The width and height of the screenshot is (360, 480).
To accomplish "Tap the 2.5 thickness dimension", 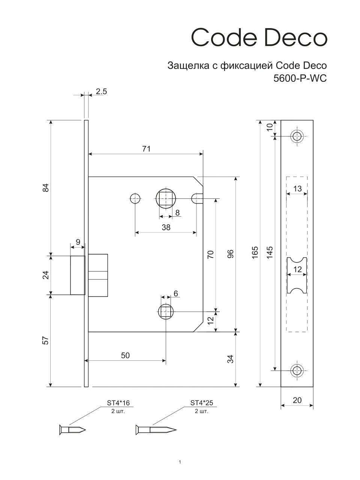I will pyautogui.click(x=101, y=91).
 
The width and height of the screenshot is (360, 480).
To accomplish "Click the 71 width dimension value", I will pyautogui.click(x=146, y=149).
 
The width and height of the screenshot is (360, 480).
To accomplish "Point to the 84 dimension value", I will pyautogui.click(x=46, y=187).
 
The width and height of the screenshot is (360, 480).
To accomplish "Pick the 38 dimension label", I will pyautogui.click(x=165, y=227).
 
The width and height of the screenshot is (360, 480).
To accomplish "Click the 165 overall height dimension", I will pyautogui.click(x=255, y=253).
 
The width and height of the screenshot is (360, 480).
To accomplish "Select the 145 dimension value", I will pyautogui.click(x=270, y=253).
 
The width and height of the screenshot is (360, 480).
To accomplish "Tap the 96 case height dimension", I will pyautogui.click(x=231, y=254).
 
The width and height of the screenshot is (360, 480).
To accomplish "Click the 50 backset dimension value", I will pyautogui.click(x=125, y=355).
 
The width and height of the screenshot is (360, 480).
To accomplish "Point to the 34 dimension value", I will pyautogui.click(x=231, y=359).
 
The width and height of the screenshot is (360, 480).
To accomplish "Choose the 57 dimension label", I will pyautogui.click(x=46, y=340).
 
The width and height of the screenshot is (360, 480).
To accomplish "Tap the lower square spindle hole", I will pyautogui.click(x=165, y=311).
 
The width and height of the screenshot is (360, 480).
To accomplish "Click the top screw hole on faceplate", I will pyautogui.click(x=297, y=136).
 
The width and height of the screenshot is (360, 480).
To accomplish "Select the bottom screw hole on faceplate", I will pyautogui.click(x=297, y=370).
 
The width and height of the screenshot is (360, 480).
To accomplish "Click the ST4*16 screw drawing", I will pyautogui.click(x=72, y=429).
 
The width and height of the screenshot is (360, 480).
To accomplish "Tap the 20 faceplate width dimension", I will pyautogui.click(x=297, y=400).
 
